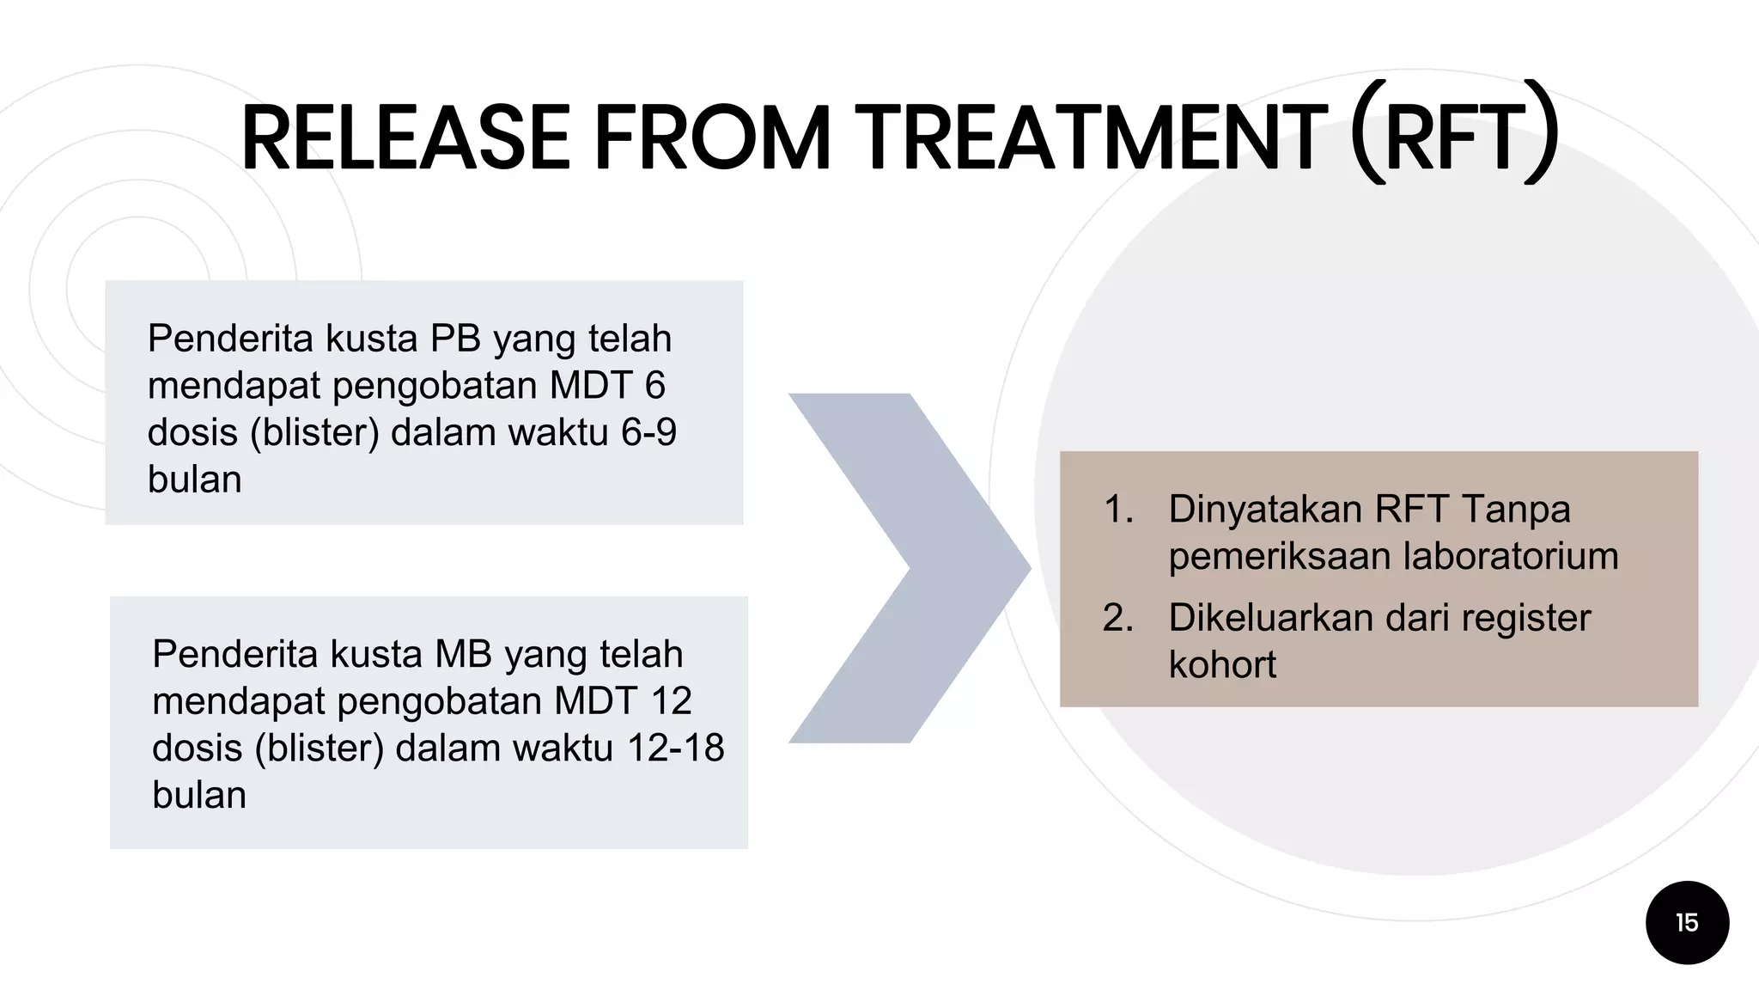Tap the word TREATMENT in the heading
[x=1091, y=137]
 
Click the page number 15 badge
[x=1687, y=922]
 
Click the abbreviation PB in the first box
[x=455, y=339]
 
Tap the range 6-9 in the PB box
[x=648, y=432]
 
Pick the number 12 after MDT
[x=671, y=701]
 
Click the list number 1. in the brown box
[x=1118, y=510]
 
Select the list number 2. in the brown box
[x=1118, y=618]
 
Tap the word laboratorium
[x=1510, y=556]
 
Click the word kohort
[x=1221, y=665]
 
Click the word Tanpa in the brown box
[x=1515, y=510]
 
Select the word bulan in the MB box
[x=199, y=795]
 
